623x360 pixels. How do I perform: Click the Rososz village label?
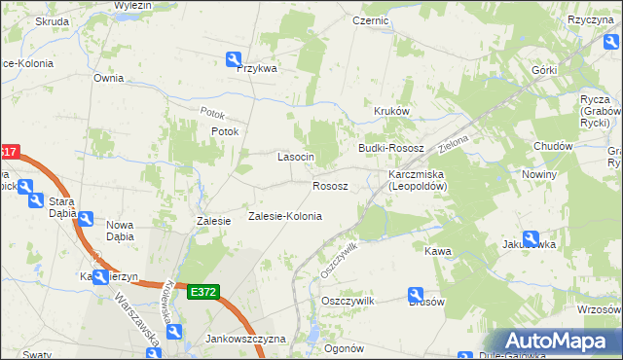330,186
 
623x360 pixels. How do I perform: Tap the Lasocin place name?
296,157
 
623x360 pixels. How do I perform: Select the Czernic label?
371,19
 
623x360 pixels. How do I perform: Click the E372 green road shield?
204,292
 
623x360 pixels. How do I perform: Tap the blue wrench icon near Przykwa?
234,58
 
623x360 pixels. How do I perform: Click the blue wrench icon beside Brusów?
415,293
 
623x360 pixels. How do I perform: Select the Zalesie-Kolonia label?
284,216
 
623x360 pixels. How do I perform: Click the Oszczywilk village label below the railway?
348,302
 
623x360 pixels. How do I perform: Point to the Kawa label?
438,251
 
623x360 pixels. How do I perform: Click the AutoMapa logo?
561,342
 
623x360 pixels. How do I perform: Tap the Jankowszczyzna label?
245,339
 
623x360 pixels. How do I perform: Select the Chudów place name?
553,146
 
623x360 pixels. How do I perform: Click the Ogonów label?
344,348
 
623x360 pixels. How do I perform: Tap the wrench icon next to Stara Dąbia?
85,220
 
